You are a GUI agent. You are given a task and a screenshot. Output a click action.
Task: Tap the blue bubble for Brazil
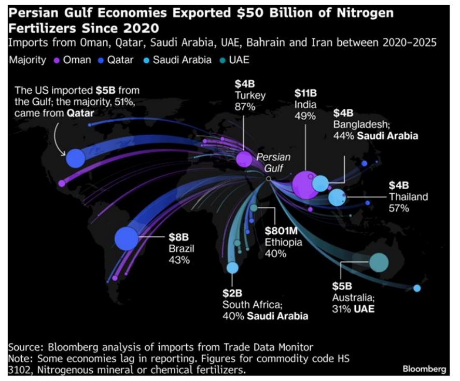coord(127,238)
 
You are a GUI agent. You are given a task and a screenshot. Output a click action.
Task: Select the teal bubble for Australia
coord(379,262)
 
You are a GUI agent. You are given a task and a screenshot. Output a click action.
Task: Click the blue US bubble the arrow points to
coord(75,158)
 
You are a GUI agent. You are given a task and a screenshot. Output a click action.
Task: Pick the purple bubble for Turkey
coord(244,159)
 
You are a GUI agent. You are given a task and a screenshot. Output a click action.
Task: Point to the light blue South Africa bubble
coord(232,267)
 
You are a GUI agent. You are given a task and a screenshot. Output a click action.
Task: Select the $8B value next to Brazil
coord(177,237)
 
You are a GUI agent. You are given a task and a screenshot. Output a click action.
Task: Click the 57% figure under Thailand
coord(399,208)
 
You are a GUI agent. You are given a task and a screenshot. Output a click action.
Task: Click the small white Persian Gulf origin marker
coord(268,178)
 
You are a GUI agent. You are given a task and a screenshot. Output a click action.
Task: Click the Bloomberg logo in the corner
coord(424,369)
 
